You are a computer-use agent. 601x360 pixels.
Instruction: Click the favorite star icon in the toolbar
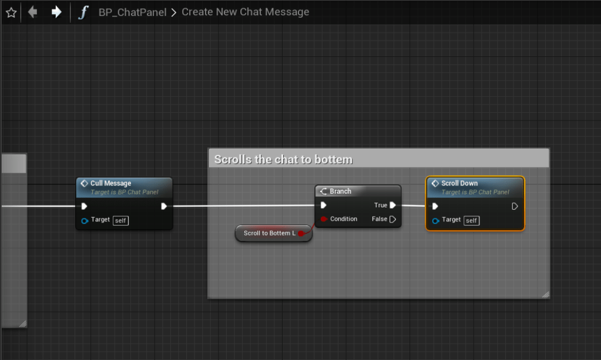pyautogui.click(x=11, y=12)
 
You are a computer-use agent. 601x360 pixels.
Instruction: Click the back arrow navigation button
pyautogui.click(x=32, y=12)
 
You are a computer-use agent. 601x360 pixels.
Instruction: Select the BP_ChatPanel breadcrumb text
pyautogui.click(x=132, y=12)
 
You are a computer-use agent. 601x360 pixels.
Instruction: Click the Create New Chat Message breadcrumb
pyautogui.click(x=245, y=12)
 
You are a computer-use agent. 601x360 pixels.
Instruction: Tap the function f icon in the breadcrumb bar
pyautogui.click(x=83, y=12)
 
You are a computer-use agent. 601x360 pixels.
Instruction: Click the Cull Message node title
pyautogui.click(x=110, y=183)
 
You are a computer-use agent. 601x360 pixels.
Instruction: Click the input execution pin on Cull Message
pyautogui.click(x=84, y=206)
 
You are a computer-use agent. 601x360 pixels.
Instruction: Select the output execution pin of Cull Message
pyautogui.click(x=164, y=206)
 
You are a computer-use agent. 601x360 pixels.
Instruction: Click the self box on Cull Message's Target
pyautogui.click(x=120, y=220)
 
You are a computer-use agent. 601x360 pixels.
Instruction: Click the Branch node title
pyautogui.click(x=340, y=191)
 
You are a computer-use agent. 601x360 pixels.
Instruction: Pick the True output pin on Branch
pyautogui.click(x=392, y=206)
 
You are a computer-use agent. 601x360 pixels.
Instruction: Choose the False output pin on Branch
pyautogui.click(x=392, y=219)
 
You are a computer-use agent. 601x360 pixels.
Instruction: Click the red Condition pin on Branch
pyautogui.click(x=323, y=219)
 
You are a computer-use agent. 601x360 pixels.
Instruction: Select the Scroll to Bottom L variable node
pyautogui.click(x=270, y=233)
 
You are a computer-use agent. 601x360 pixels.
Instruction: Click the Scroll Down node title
pyautogui.click(x=459, y=183)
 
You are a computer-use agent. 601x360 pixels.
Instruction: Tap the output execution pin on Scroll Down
pyautogui.click(x=515, y=206)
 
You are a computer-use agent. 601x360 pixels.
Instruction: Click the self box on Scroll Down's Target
pyautogui.click(x=471, y=220)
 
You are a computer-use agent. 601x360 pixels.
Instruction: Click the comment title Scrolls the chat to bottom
pyautogui.click(x=283, y=159)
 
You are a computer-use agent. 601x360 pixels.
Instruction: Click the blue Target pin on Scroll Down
pyautogui.click(x=435, y=220)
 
